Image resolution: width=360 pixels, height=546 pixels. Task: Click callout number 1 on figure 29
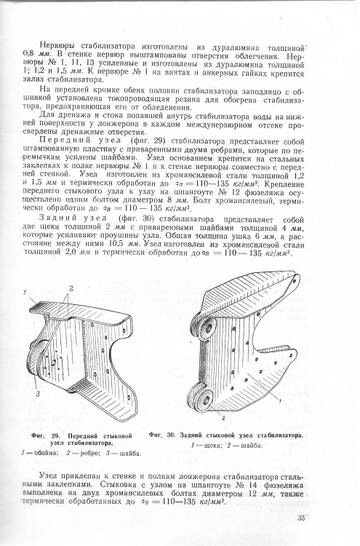34,291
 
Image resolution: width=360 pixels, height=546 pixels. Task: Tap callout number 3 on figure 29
37,394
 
